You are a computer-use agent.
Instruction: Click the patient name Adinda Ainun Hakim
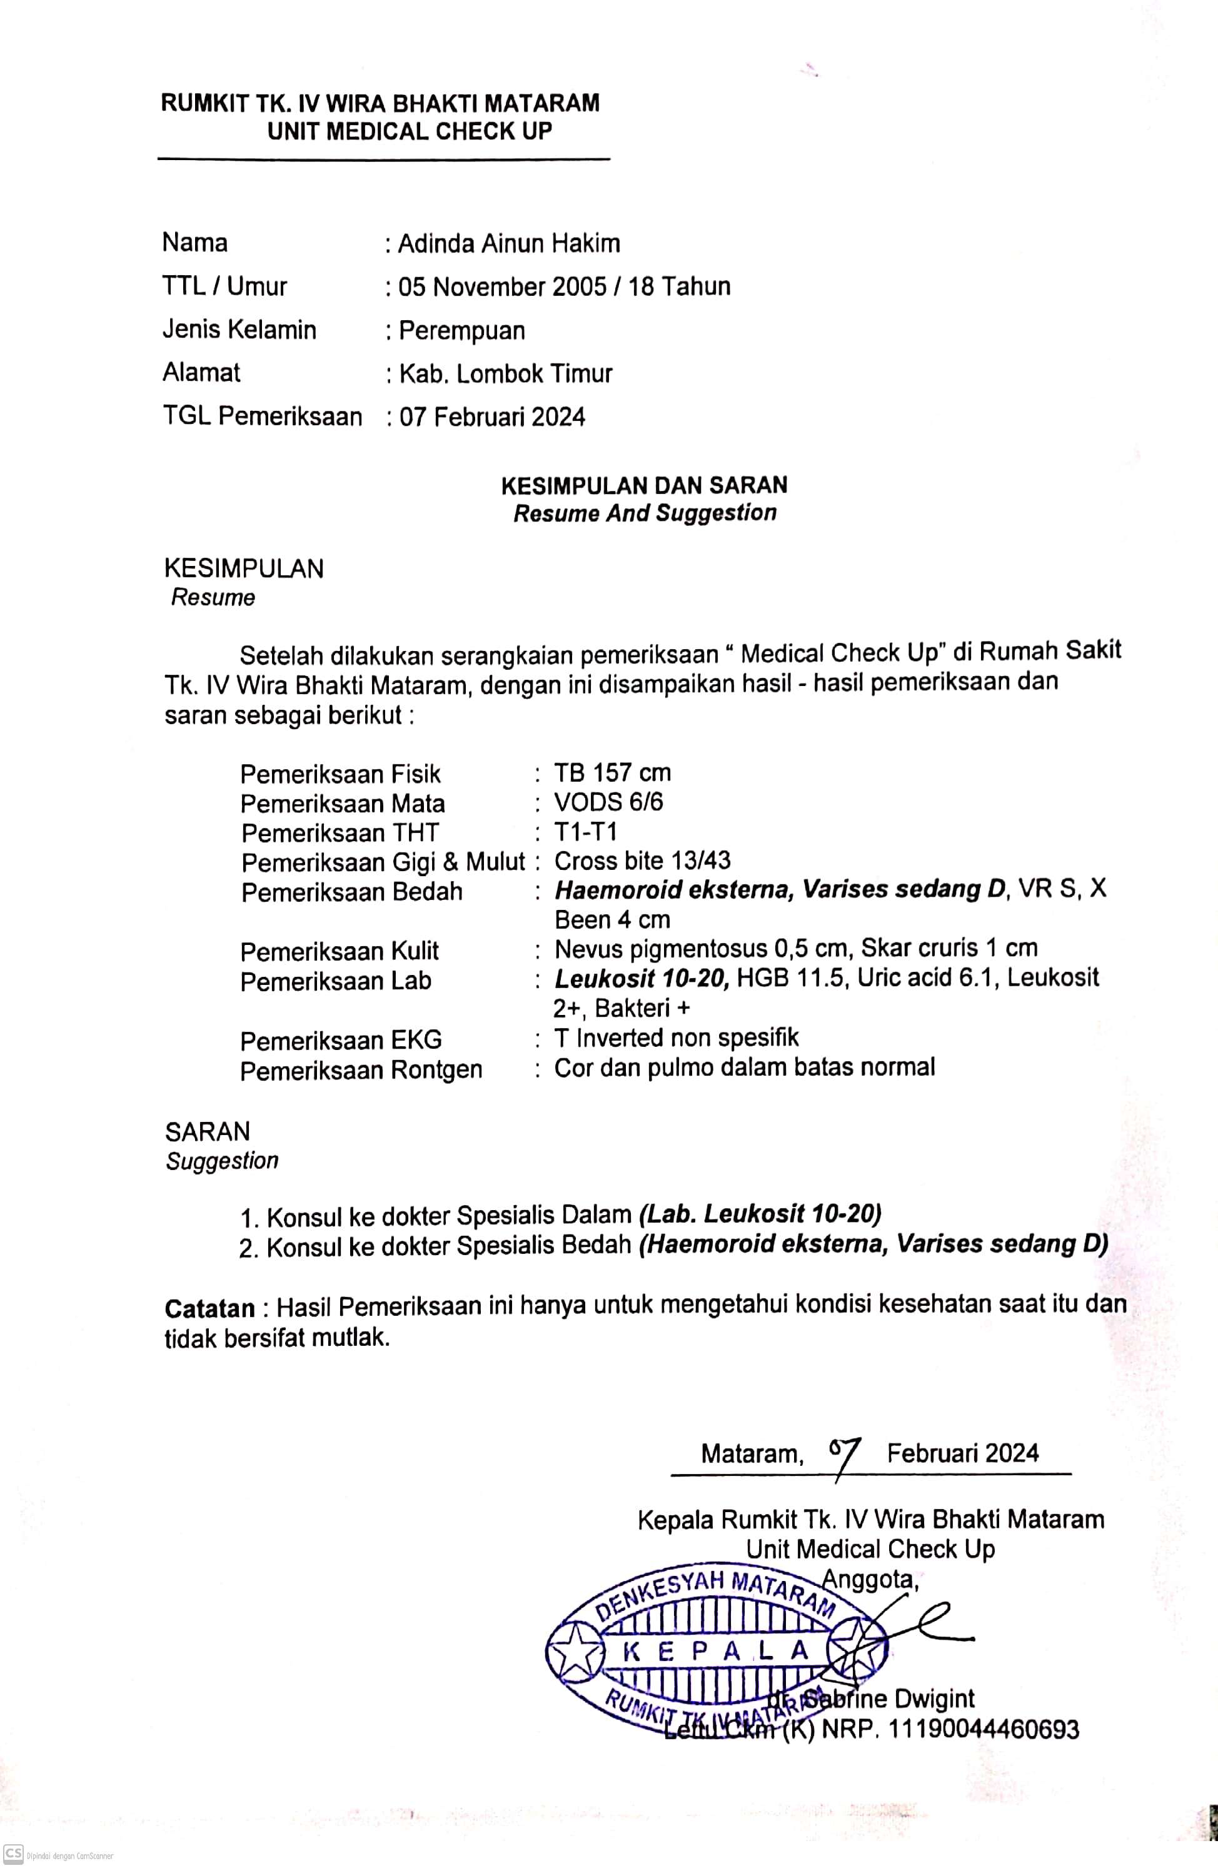coord(508,244)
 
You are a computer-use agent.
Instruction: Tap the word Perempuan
coord(461,330)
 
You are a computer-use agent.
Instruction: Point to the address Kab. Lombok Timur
coord(505,373)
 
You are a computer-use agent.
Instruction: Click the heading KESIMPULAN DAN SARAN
coord(643,485)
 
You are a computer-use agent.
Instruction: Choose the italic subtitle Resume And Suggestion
coord(644,513)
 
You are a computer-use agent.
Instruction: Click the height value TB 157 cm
coord(612,773)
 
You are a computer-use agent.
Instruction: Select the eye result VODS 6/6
coord(608,802)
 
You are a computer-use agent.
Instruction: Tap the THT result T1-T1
coord(585,832)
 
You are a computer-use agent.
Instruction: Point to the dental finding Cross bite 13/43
coord(642,861)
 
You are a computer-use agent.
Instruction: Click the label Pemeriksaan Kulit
coord(339,951)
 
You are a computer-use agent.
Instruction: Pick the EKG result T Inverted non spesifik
coord(676,1037)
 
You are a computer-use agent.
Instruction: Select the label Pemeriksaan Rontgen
coord(361,1070)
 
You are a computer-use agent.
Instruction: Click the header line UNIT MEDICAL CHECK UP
coord(410,131)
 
